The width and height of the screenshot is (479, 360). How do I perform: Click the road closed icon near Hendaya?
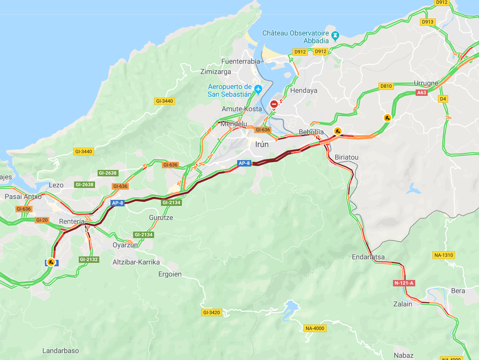[274, 104]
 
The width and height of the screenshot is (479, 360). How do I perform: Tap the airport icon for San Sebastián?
[258, 89]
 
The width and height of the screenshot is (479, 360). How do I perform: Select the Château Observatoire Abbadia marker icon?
[335, 35]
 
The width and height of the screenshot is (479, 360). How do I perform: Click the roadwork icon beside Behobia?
[338, 131]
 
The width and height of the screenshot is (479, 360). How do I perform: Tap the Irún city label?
[262, 144]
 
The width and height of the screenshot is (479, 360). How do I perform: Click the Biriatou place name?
[347, 157]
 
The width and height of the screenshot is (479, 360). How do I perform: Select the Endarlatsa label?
[368, 257]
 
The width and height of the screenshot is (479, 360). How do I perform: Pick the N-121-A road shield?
[404, 283]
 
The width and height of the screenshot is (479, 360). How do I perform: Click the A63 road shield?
[422, 92]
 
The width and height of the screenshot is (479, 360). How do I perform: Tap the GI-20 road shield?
[42, 220]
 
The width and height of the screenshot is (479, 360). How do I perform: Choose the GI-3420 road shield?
[211, 312]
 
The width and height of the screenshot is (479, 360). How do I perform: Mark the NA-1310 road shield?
[443, 255]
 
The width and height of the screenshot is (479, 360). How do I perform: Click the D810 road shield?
[386, 86]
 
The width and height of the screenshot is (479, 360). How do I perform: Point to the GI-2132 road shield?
[89, 259]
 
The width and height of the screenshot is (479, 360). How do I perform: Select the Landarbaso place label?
[60, 351]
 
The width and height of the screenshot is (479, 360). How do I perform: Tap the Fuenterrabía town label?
[241, 61]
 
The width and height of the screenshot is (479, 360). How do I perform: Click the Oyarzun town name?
[125, 245]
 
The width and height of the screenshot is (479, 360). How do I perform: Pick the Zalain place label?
[403, 304]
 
